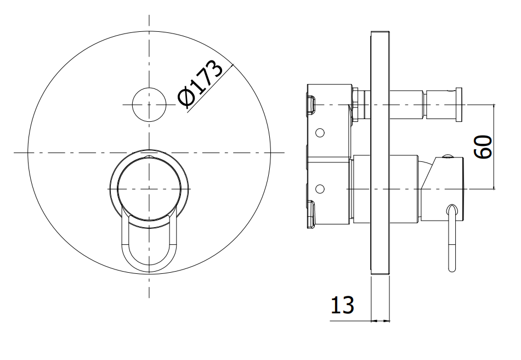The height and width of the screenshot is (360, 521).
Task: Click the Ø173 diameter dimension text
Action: point(200,84)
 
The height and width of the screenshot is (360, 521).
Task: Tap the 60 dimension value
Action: point(483,147)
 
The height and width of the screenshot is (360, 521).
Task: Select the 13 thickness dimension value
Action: point(342,305)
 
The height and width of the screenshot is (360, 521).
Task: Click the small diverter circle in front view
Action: point(149,104)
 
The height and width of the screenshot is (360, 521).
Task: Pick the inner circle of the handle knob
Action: point(149,189)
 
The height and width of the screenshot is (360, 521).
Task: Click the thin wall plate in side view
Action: point(380,153)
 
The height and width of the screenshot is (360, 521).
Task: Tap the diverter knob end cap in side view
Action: point(458,104)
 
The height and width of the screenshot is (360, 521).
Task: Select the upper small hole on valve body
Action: point(320,133)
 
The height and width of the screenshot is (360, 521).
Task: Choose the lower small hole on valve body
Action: point(320,189)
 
